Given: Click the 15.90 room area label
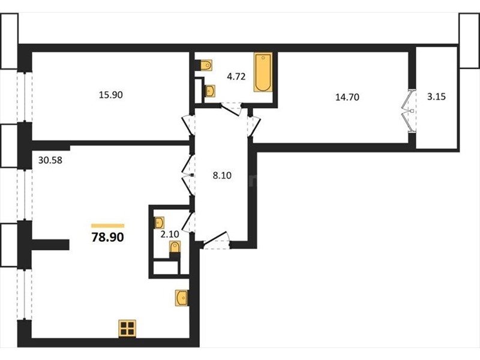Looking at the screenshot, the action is click(111, 95).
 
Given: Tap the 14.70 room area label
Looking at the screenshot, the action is click(347, 97).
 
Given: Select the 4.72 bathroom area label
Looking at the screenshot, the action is click(236, 77).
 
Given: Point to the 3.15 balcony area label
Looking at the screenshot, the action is click(436, 97).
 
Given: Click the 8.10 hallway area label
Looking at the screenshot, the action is click(222, 176).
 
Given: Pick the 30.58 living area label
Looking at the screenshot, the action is click(50, 160).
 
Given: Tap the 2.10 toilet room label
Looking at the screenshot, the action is click(170, 235).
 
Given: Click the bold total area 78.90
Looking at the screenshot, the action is click(108, 237).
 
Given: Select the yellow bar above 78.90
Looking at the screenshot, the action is click(108, 226).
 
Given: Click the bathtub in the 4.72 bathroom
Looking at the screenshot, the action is click(263, 72).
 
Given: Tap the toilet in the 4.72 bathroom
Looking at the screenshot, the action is click(206, 65).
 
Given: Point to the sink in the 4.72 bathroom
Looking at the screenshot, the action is click(210, 91).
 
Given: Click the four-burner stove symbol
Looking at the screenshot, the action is click(127, 328).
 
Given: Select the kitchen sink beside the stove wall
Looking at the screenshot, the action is click(182, 298).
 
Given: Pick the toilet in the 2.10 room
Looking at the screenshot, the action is click(175, 247).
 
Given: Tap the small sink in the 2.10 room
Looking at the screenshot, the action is click(159, 223).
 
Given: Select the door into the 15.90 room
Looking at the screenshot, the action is click(188, 125).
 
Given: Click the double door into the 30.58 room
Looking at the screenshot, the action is click(187, 175).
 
